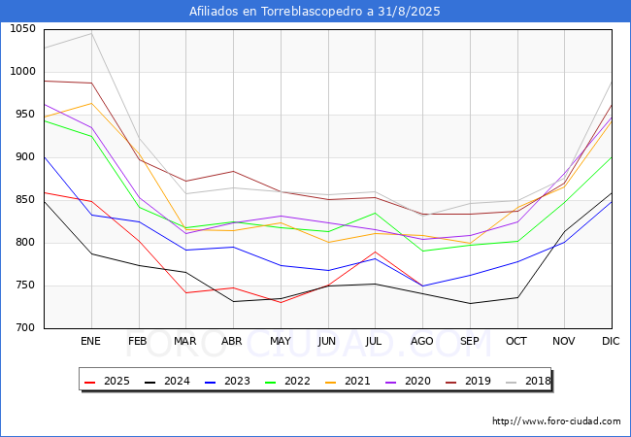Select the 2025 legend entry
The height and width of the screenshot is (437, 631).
click(x=107, y=381)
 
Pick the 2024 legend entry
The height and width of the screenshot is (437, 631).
click(x=167, y=381)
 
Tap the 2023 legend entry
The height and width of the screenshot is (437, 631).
click(x=227, y=381)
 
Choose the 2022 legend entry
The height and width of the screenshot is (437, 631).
click(x=287, y=381)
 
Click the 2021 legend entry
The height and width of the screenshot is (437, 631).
click(x=348, y=381)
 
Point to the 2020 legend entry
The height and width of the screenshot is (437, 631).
click(x=408, y=381)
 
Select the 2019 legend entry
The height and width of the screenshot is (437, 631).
click(x=468, y=381)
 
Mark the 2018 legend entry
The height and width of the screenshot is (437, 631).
click(x=528, y=381)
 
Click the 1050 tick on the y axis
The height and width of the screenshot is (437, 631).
click(x=23, y=29)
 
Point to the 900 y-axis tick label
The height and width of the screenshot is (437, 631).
click(x=25, y=157)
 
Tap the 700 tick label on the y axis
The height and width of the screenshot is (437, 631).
click(x=25, y=327)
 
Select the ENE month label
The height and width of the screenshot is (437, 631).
click(x=90, y=341)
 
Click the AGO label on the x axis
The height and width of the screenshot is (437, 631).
click(x=421, y=341)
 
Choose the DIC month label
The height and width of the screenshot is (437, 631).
click(x=611, y=341)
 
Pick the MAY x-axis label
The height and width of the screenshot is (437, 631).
click(x=281, y=341)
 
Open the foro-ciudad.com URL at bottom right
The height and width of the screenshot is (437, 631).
click(x=556, y=421)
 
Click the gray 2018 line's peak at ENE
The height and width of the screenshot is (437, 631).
click(x=92, y=33)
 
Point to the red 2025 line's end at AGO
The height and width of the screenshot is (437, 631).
click(x=422, y=286)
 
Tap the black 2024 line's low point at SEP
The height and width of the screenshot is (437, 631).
click(x=470, y=303)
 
